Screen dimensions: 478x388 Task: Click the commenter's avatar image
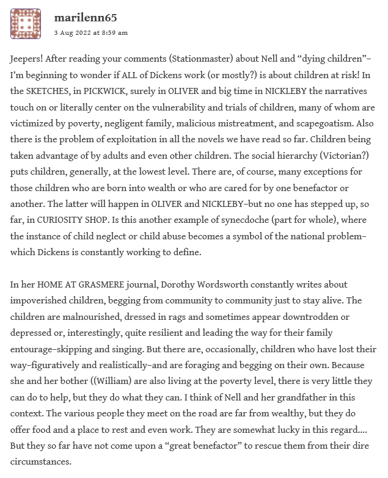pyautogui.click(x=26, y=24)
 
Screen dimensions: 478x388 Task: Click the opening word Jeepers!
pyautogui.click(x=29, y=63)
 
